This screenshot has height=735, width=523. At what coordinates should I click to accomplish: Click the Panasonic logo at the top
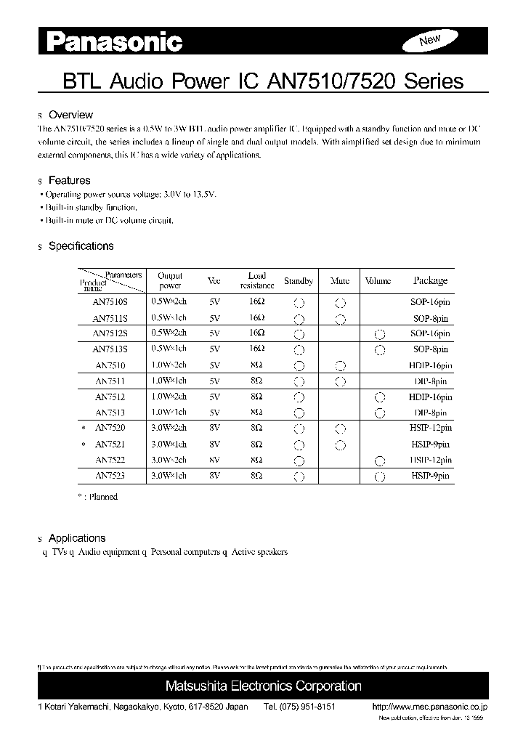pyautogui.click(x=115, y=43)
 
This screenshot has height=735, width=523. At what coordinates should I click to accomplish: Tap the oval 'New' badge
pyautogui.click(x=430, y=41)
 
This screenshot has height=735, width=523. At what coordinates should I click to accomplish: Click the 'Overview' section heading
pyautogui.click(x=70, y=115)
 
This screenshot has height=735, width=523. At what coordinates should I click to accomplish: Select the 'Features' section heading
pyautogui.click(x=69, y=180)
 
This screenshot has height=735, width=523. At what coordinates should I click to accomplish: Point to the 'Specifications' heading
pyautogui.click(x=81, y=246)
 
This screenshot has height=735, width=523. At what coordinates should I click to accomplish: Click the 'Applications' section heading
pyautogui.click(x=76, y=538)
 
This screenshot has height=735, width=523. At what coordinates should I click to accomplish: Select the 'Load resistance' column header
pyautogui.click(x=256, y=280)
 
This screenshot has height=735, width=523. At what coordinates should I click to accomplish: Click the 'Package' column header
pyautogui.click(x=430, y=280)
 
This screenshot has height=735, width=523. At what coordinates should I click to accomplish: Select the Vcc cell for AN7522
pyautogui.click(x=214, y=460)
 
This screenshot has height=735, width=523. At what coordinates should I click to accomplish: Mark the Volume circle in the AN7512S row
pyautogui.click(x=378, y=334)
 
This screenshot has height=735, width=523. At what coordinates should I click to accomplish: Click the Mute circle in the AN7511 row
pyautogui.click(x=340, y=381)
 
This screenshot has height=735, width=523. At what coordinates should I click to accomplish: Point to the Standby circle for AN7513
pyautogui.click(x=298, y=413)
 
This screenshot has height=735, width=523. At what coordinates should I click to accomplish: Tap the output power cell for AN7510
pyautogui.click(x=169, y=365)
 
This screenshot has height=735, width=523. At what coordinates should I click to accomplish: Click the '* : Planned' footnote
pyautogui.click(x=97, y=497)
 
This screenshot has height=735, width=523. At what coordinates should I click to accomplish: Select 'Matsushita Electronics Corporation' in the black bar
pyautogui.click(x=263, y=686)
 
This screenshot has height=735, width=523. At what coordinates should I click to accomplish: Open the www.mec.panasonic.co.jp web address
pyautogui.click(x=429, y=707)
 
